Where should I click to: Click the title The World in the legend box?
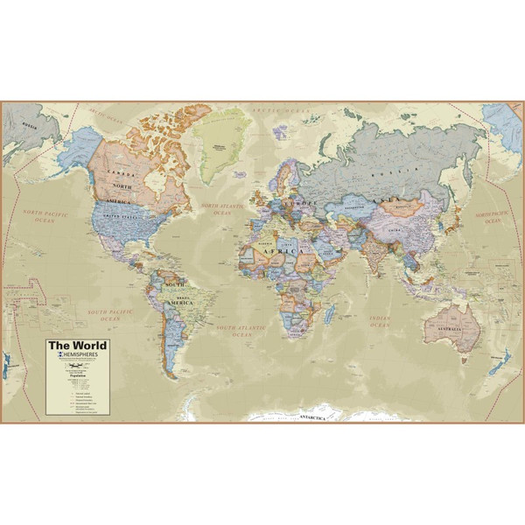(x=73, y=345)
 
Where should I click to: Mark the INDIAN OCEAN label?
(x=378, y=321)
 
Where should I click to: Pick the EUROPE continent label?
(x=289, y=202)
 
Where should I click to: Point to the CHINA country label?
(x=408, y=231)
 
